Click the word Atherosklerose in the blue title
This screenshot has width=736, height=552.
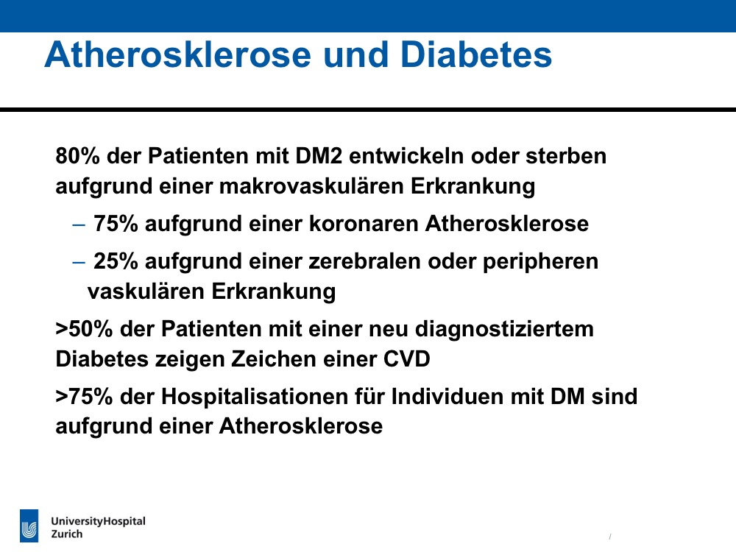pyautogui.click(x=178, y=54)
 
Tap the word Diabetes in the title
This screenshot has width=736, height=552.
pyautogui.click(x=476, y=54)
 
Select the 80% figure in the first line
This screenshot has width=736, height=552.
pyautogui.click(x=77, y=156)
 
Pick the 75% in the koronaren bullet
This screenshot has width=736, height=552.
pyautogui.click(x=116, y=224)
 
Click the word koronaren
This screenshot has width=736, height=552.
pyautogui.click(x=364, y=224)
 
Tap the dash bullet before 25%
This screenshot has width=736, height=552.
pyautogui.click(x=79, y=263)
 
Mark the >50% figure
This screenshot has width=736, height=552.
pyautogui.click(x=85, y=328)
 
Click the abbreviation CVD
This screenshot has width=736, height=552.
pyautogui.click(x=406, y=359)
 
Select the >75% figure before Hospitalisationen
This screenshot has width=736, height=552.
pyautogui.click(x=85, y=396)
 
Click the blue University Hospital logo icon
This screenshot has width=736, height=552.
pyautogui.click(x=29, y=526)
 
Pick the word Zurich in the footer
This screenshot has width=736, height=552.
pyautogui.click(x=67, y=534)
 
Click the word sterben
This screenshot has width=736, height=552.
pyautogui.click(x=566, y=156)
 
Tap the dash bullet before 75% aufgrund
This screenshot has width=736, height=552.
pyautogui.click(x=79, y=224)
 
